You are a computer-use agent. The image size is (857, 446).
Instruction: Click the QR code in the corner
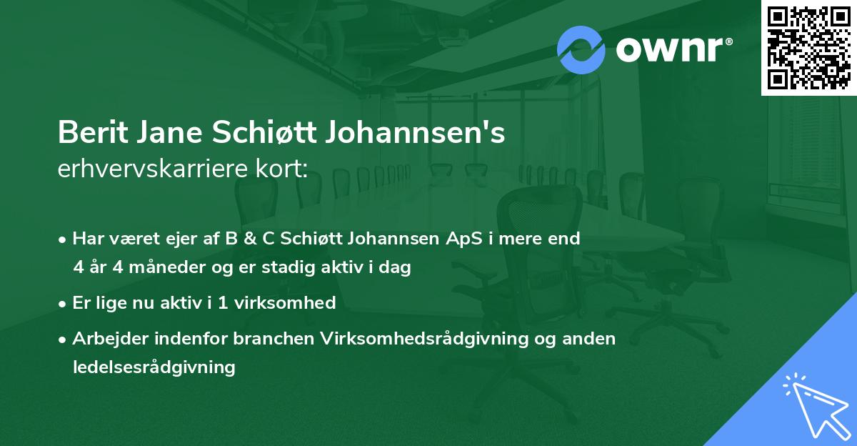click(x=808, y=47)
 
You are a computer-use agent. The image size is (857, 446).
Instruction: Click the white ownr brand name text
click(x=673, y=49)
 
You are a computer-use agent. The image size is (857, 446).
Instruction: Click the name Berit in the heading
click(x=90, y=133)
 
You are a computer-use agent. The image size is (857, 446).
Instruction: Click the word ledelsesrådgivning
click(x=154, y=367)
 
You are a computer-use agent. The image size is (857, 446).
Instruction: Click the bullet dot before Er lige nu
click(x=63, y=303)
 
